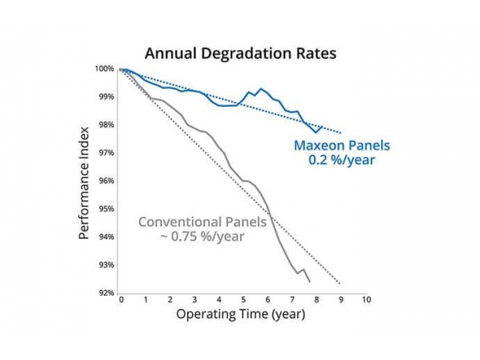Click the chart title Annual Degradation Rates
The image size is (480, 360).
click(241, 53)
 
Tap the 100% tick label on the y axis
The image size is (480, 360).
click(106, 69)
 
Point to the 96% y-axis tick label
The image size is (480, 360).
click(107, 181)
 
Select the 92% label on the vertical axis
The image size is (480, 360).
click(107, 293)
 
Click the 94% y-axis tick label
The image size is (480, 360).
click(107, 237)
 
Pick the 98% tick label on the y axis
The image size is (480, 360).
click(107, 125)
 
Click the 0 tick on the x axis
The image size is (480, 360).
click(121, 299)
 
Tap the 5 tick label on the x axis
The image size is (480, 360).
click(243, 299)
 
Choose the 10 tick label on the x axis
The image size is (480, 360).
click(365, 299)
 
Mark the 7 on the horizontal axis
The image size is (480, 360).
click(292, 299)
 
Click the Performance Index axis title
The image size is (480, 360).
click(85, 182)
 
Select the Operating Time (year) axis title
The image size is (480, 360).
click(241, 314)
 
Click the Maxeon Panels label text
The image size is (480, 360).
click(341, 145)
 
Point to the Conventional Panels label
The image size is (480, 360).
click(202, 222)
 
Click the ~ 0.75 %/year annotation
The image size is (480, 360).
click(202, 236)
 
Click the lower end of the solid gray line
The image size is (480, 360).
click(310, 281)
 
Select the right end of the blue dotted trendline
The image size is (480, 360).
click(341, 133)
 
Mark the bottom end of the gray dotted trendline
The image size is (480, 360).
click(341, 284)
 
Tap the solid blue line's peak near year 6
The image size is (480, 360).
click(261, 89)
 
